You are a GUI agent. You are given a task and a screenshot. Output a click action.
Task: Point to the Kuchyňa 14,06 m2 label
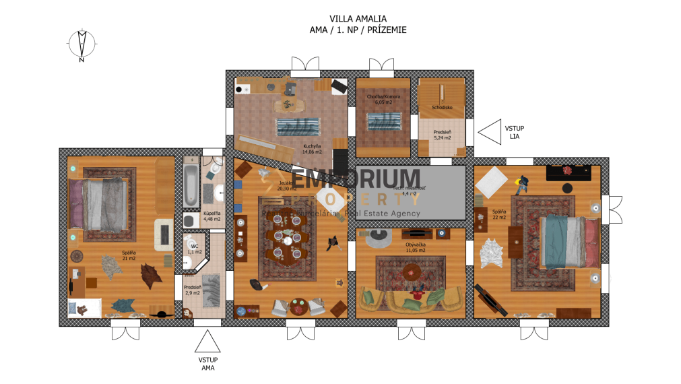coord(311,149)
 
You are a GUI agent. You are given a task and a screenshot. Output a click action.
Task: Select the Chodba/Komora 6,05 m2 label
coord(383,99)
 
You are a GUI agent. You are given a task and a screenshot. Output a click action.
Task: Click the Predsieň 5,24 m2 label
coord(441,134)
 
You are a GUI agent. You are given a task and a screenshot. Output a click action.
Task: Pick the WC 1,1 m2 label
coord(194,249)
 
